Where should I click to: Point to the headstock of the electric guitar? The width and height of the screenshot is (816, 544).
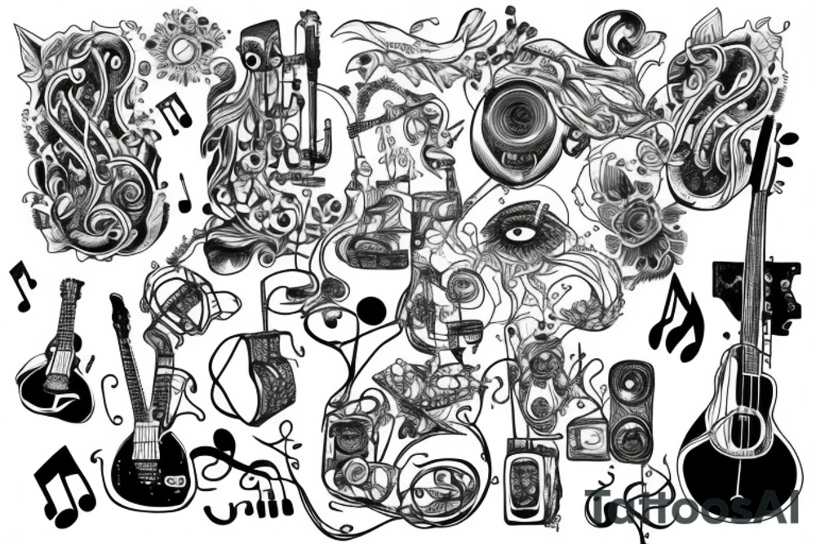tap(121, 310)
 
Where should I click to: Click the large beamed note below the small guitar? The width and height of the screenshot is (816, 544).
tap(63, 489)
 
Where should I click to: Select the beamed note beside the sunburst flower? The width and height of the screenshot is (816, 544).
tap(173, 112)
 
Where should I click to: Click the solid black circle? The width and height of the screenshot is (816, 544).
tap(371, 308)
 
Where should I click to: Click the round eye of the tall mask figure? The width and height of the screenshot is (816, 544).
tap(251, 60)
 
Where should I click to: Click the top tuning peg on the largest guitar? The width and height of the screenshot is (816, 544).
tap(787, 139)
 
